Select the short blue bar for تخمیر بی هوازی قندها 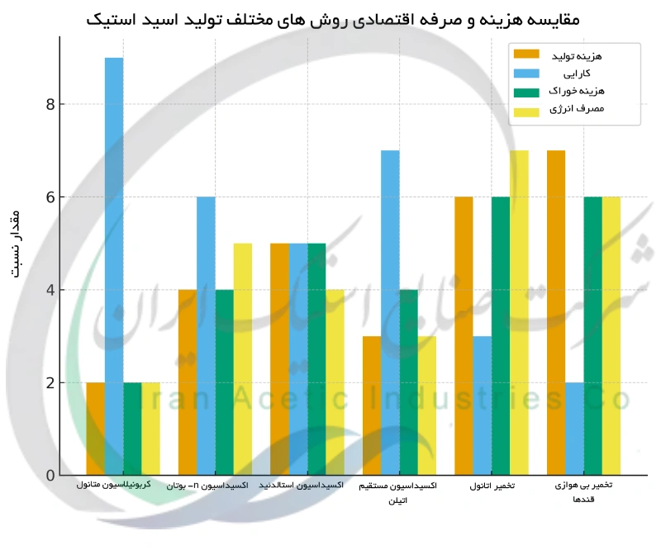[x=574, y=429]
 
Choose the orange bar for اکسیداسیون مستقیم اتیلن [x=372, y=405]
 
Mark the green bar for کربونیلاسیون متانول [x=132, y=429]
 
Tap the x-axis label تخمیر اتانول [x=491, y=487]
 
